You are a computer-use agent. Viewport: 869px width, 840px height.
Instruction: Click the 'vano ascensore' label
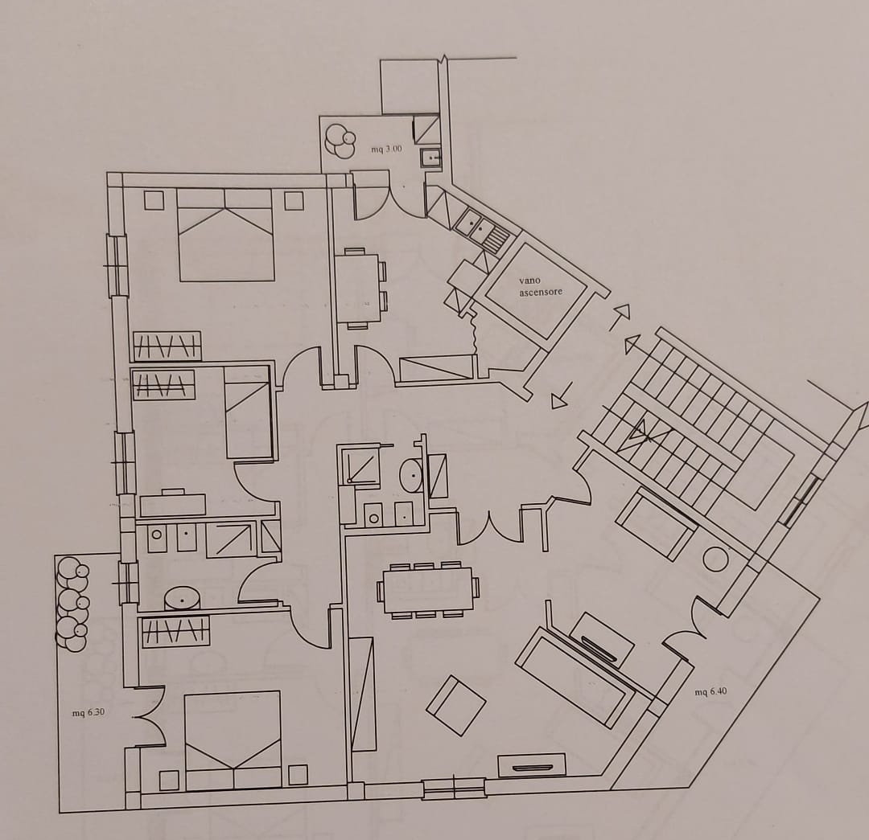point(541,286)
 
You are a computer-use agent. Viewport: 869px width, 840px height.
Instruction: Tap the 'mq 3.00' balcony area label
point(386,149)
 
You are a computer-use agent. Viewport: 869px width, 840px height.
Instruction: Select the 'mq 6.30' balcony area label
point(89,713)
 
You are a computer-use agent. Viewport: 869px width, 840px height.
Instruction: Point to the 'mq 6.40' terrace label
point(710,691)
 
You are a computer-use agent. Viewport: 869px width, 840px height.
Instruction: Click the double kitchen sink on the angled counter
point(481,231)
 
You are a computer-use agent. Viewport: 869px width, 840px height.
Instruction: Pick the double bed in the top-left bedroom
point(226,235)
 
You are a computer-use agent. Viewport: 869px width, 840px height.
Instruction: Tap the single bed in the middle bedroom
point(248,412)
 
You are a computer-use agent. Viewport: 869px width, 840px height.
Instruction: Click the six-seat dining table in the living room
point(428,590)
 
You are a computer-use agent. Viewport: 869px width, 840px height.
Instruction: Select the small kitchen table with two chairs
point(360,288)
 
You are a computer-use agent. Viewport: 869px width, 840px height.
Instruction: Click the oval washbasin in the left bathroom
point(183,599)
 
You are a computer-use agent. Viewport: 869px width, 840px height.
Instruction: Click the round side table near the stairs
point(715,559)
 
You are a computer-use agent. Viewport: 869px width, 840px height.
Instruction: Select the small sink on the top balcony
point(430,158)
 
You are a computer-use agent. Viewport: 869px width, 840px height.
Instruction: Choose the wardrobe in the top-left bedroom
point(167,346)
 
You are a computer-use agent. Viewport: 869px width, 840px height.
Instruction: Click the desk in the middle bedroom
point(173,504)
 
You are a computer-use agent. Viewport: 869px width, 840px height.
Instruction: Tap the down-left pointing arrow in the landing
point(562,398)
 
